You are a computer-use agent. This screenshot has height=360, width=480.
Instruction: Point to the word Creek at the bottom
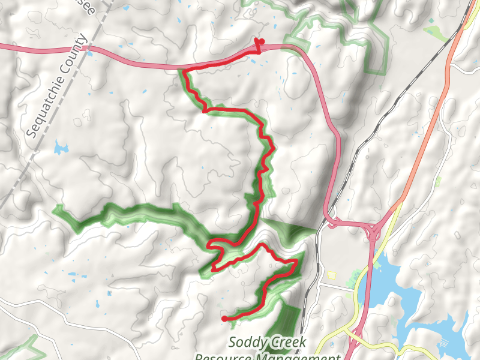[286, 343]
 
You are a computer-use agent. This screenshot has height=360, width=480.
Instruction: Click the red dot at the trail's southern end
[224, 318]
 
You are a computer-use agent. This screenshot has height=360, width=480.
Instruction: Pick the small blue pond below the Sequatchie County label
[61, 148]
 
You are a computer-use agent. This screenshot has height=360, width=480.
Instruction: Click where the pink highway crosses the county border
[88, 47]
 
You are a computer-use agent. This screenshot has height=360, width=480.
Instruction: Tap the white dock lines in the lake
[447, 343]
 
